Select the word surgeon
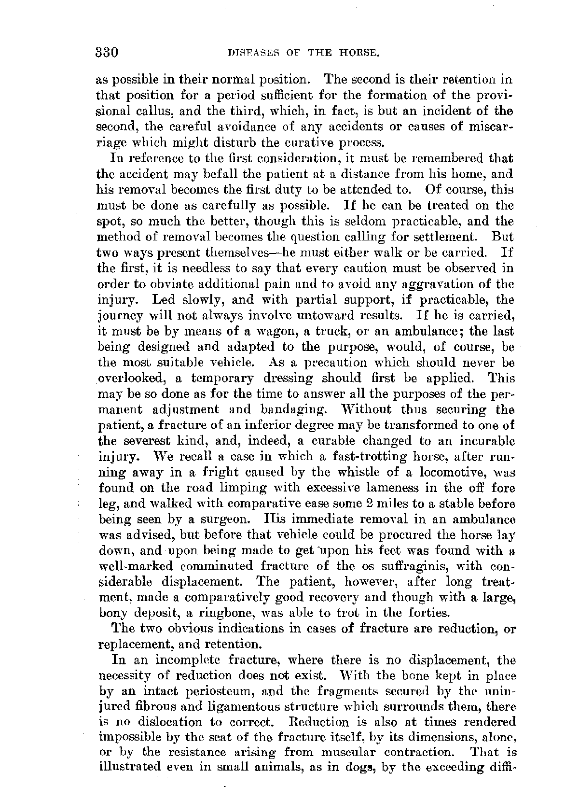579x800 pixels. coord(232,519)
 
